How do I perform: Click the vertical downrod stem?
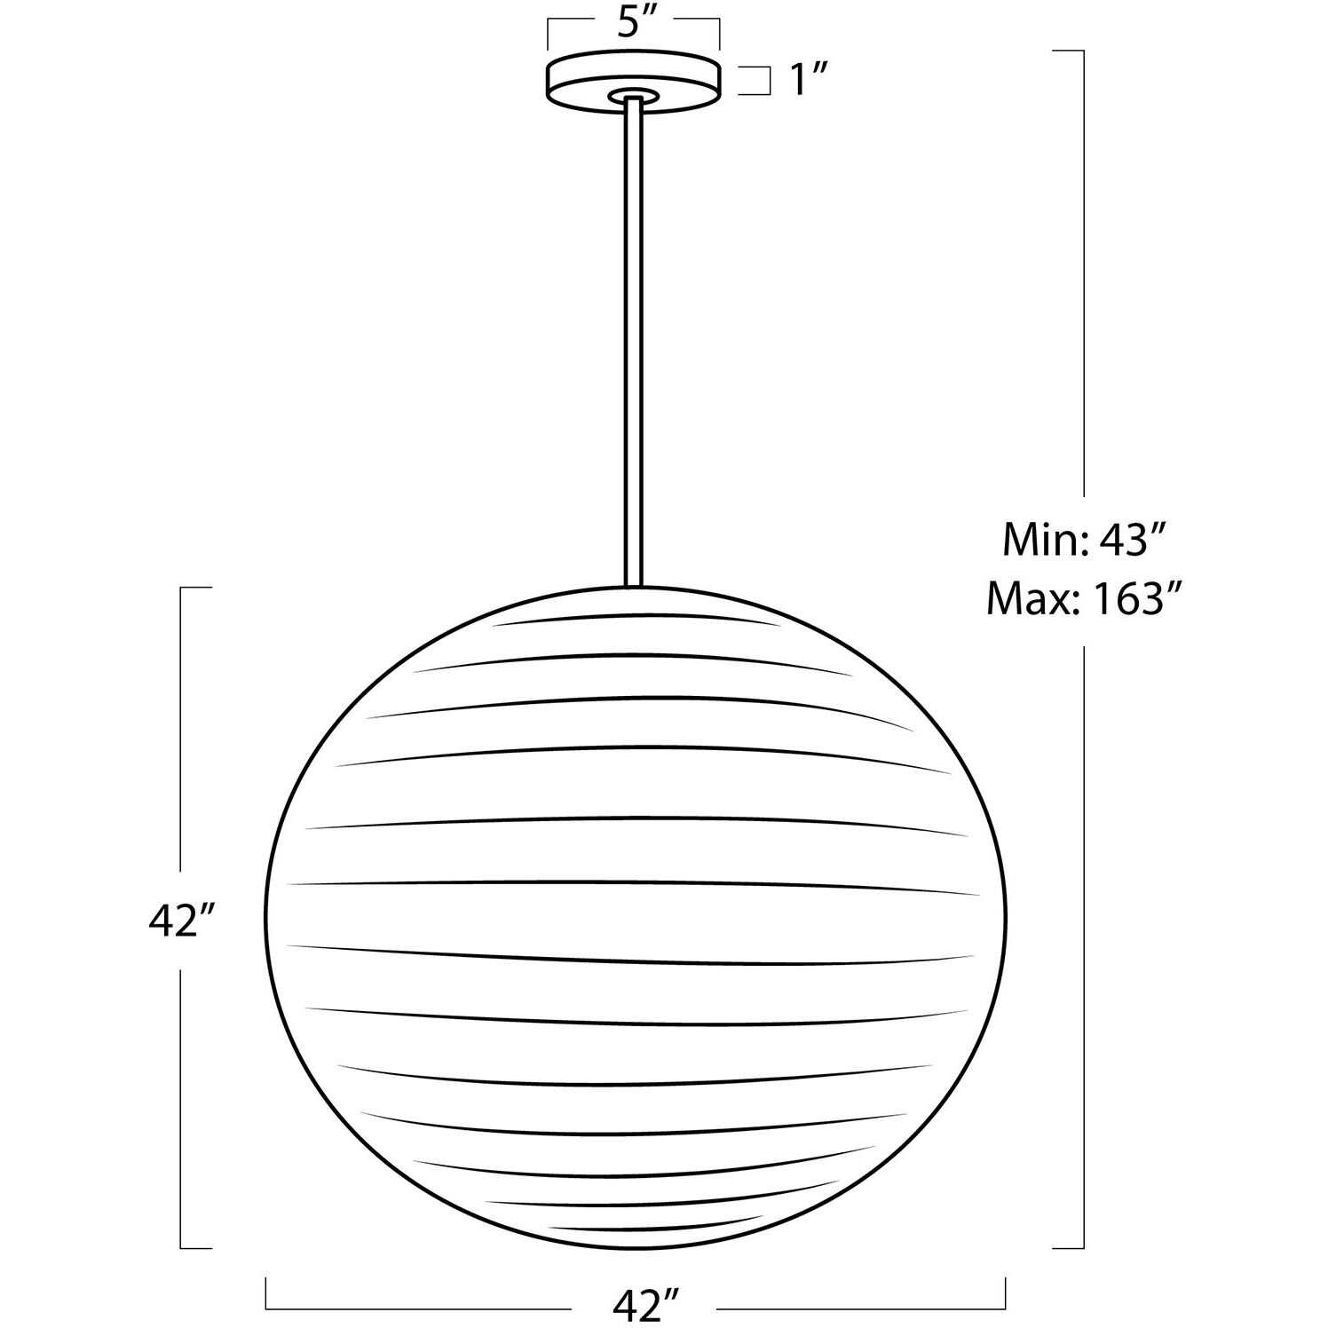click(x=633, y=337)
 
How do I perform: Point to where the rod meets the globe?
click(x=633, y=586)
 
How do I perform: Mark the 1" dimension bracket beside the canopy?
click(x=757, y=80)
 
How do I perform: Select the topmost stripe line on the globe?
click(x=635, y=618)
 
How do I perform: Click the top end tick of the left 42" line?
click(x=197, y=588)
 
